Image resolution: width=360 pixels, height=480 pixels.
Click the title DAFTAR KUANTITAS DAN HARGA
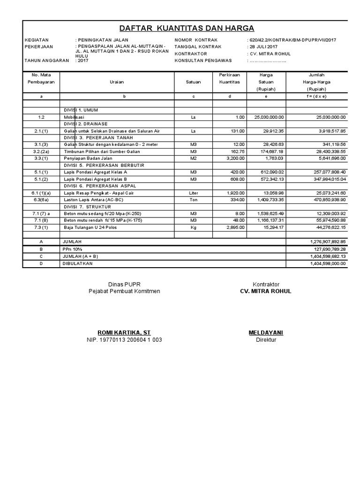(x=186, y=28)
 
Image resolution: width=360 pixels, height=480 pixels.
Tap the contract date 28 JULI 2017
(x=263, y=47)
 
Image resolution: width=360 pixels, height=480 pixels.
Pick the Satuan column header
(x=193, y=82)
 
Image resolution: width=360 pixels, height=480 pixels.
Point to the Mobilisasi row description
(x=75, y=117)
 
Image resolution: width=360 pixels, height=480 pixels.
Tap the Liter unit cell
(x=193, y=193)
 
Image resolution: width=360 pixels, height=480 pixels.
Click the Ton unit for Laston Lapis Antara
(x=193, y=200)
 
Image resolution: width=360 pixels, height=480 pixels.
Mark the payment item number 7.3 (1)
(x=41, y=227)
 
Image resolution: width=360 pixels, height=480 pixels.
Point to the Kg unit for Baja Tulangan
(x=193, y=227)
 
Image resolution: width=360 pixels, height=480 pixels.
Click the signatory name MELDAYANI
(x=265, y=332)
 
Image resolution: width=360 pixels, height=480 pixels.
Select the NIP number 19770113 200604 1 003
(x=124, y=340)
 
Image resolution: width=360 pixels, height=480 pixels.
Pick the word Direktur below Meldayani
(x=266, y=340)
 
